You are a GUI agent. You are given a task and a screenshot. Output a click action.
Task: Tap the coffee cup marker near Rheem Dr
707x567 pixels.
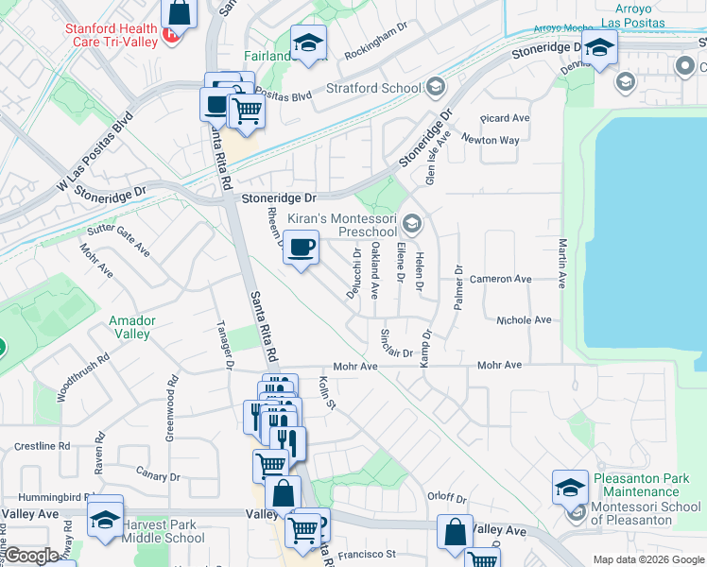[302, 249]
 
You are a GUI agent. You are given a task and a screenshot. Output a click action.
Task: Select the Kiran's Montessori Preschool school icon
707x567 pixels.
[411, 224]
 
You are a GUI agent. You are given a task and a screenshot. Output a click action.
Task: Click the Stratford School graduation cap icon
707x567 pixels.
[435, 89]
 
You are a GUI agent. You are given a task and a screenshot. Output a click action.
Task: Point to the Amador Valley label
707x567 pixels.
[131, 327]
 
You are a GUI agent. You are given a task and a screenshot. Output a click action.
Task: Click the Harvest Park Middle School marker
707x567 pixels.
[105, 519]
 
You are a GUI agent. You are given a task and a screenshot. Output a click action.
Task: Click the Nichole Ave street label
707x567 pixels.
[524, 320]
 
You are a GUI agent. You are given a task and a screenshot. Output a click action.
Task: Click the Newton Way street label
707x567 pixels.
[491, 140]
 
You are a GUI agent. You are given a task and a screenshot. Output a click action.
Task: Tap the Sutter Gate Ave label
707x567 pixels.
[119, 241]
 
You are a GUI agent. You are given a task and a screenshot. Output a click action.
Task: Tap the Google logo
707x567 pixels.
[31, 556]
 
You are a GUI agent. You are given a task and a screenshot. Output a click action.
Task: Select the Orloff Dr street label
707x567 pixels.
[447, 498]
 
